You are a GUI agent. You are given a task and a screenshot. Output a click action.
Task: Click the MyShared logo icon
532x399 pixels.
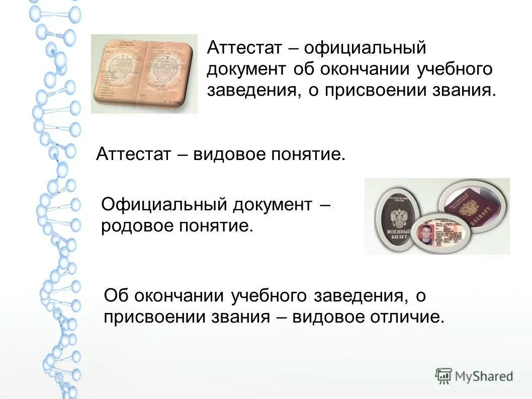tap(444, 375)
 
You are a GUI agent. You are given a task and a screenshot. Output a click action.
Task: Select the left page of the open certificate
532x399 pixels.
tap(120, 73)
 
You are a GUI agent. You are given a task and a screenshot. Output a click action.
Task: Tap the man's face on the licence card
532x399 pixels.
tap(425, 234)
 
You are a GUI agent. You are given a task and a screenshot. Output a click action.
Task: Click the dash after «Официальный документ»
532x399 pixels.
tap(325, 205)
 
